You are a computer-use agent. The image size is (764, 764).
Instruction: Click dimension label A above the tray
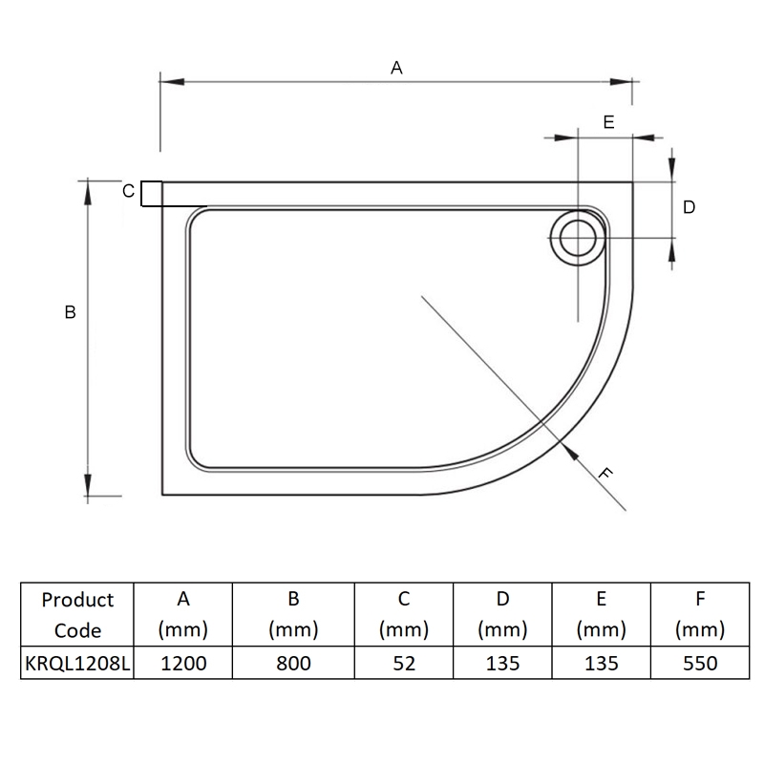(396, 67)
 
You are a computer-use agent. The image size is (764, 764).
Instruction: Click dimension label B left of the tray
(70, 311)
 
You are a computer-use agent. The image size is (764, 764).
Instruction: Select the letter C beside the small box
(127, 191)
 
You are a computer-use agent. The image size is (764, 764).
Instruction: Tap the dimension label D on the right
(690, 206)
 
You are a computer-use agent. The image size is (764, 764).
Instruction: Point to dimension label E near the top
(607, 121)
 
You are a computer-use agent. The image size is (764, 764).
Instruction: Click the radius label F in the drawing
(603, 473)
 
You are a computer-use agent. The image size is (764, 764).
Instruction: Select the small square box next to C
(151, 194)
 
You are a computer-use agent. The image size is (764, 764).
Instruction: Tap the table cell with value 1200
(183, 662)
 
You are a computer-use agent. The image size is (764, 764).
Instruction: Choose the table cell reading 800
(293, 662)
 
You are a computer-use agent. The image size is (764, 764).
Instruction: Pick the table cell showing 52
(404, 662)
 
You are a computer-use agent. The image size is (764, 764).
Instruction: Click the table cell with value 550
(699, 662)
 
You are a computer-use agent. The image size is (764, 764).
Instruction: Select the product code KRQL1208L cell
(77, 662)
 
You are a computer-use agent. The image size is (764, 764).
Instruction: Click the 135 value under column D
(502, 662)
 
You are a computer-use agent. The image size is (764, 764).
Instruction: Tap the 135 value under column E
(601, 662)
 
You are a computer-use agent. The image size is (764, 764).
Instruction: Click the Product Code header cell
(77, 614)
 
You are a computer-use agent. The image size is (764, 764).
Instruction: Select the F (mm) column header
(699, 614)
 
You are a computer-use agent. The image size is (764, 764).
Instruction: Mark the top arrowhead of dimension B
(89, 187)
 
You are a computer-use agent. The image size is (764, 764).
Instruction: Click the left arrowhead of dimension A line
(168, 80)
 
